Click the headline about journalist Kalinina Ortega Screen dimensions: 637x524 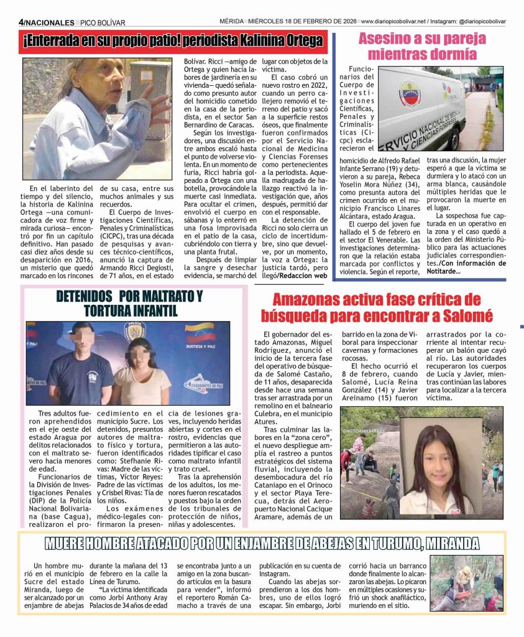point(173,42)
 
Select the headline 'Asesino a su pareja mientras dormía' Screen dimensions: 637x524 point(422,45)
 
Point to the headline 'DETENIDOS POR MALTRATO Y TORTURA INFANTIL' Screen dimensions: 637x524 point(138,303)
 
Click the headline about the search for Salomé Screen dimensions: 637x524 point(385,308)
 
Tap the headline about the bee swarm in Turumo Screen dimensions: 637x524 point(261,543)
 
